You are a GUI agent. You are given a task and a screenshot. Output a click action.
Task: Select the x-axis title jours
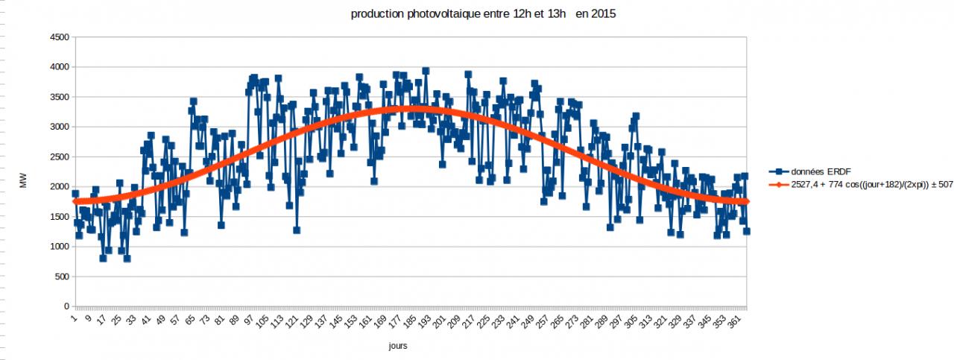[398, 347]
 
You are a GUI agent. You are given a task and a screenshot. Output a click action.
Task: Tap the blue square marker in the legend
[777, 172]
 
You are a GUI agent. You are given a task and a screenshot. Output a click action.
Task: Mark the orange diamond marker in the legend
[777, 184]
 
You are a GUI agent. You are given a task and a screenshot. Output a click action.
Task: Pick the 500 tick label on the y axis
[61, 277]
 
